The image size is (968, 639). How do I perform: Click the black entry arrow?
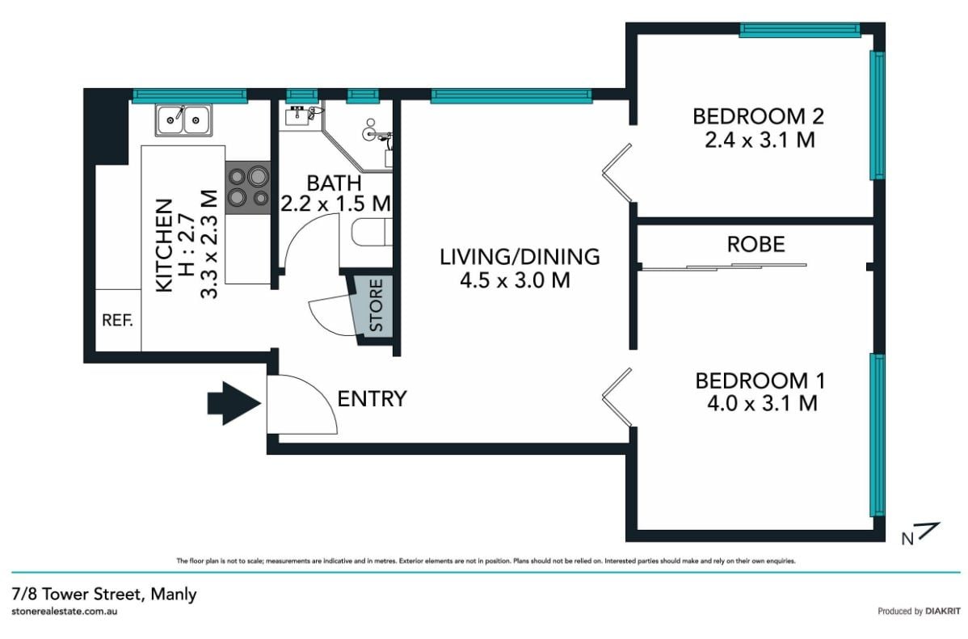pos(234,403)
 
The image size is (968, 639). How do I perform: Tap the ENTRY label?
pos(372,399)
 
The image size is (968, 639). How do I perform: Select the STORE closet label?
pos(376,305)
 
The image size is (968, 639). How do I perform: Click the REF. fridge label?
pos(117,321)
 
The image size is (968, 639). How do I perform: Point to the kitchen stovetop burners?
pos(247,187)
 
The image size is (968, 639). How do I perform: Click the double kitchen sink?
pos(183,120)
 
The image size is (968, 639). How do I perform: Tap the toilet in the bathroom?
pos(371,233)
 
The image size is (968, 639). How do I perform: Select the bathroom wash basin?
pos(300,116)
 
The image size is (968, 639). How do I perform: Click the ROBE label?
pos(755,245)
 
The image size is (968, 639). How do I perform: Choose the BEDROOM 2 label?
pos(758,116)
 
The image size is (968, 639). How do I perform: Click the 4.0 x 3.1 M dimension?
pos(762,404)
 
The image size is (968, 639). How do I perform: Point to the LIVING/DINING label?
pos(520,256)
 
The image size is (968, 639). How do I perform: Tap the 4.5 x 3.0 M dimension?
pos(515,280)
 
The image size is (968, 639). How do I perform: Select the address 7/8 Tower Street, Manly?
pos(104,594)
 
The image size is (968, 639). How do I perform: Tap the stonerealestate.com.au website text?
pos(64,612)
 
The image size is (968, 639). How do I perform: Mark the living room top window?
pos(511,95)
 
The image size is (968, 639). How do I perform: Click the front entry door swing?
pos(302,405)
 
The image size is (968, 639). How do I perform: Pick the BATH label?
pos(334,183)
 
